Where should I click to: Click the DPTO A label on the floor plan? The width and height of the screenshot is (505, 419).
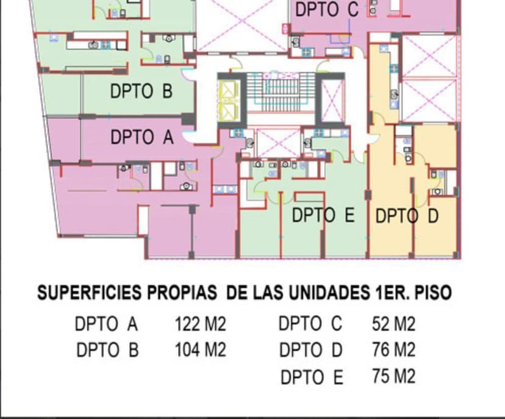tap(141, 137)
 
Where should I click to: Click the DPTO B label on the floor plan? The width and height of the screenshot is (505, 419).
tap(141, 91)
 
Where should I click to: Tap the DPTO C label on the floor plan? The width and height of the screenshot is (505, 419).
tap(326, 10)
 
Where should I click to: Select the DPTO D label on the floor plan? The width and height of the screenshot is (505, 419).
tap(406, 216)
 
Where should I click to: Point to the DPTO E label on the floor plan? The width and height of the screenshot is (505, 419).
tap(323, 215)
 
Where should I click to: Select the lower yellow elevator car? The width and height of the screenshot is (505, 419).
tap(229, 110)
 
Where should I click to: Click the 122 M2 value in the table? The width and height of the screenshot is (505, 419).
tap(200, 323)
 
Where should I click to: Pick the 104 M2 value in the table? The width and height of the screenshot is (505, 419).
tap(200, 350)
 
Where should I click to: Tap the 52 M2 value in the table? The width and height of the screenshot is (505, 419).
tap(393, 323)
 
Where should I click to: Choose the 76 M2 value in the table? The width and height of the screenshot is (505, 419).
tap(393, 350)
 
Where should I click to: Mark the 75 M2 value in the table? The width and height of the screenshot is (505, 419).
tap(393, 376)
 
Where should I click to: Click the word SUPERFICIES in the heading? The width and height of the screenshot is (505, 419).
tap(90, 293)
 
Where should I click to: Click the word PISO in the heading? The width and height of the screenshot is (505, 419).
tap(432, 293)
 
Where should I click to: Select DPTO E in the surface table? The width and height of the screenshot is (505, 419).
tap(312, 378)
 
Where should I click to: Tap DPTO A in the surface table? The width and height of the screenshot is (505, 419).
tap(107, 323)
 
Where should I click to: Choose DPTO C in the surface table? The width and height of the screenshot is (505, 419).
tap(310, 323)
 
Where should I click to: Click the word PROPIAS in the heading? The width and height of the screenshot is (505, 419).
tap(182, 293)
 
